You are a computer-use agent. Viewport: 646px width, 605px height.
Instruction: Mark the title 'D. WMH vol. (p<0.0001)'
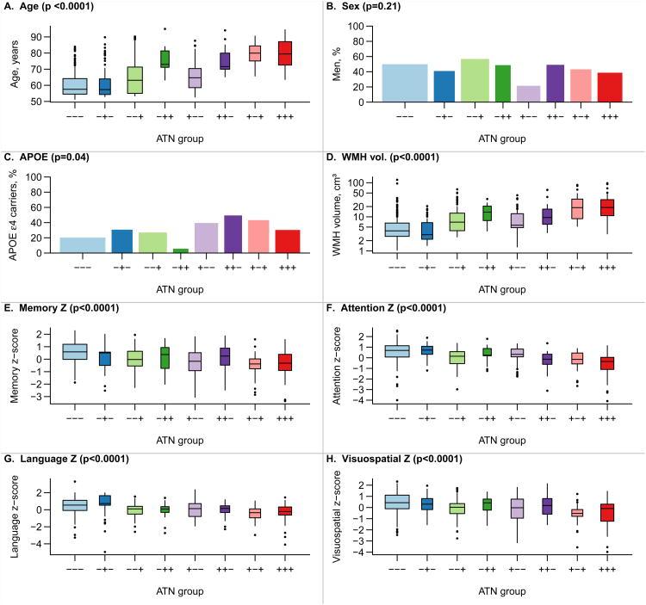point(389,157)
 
